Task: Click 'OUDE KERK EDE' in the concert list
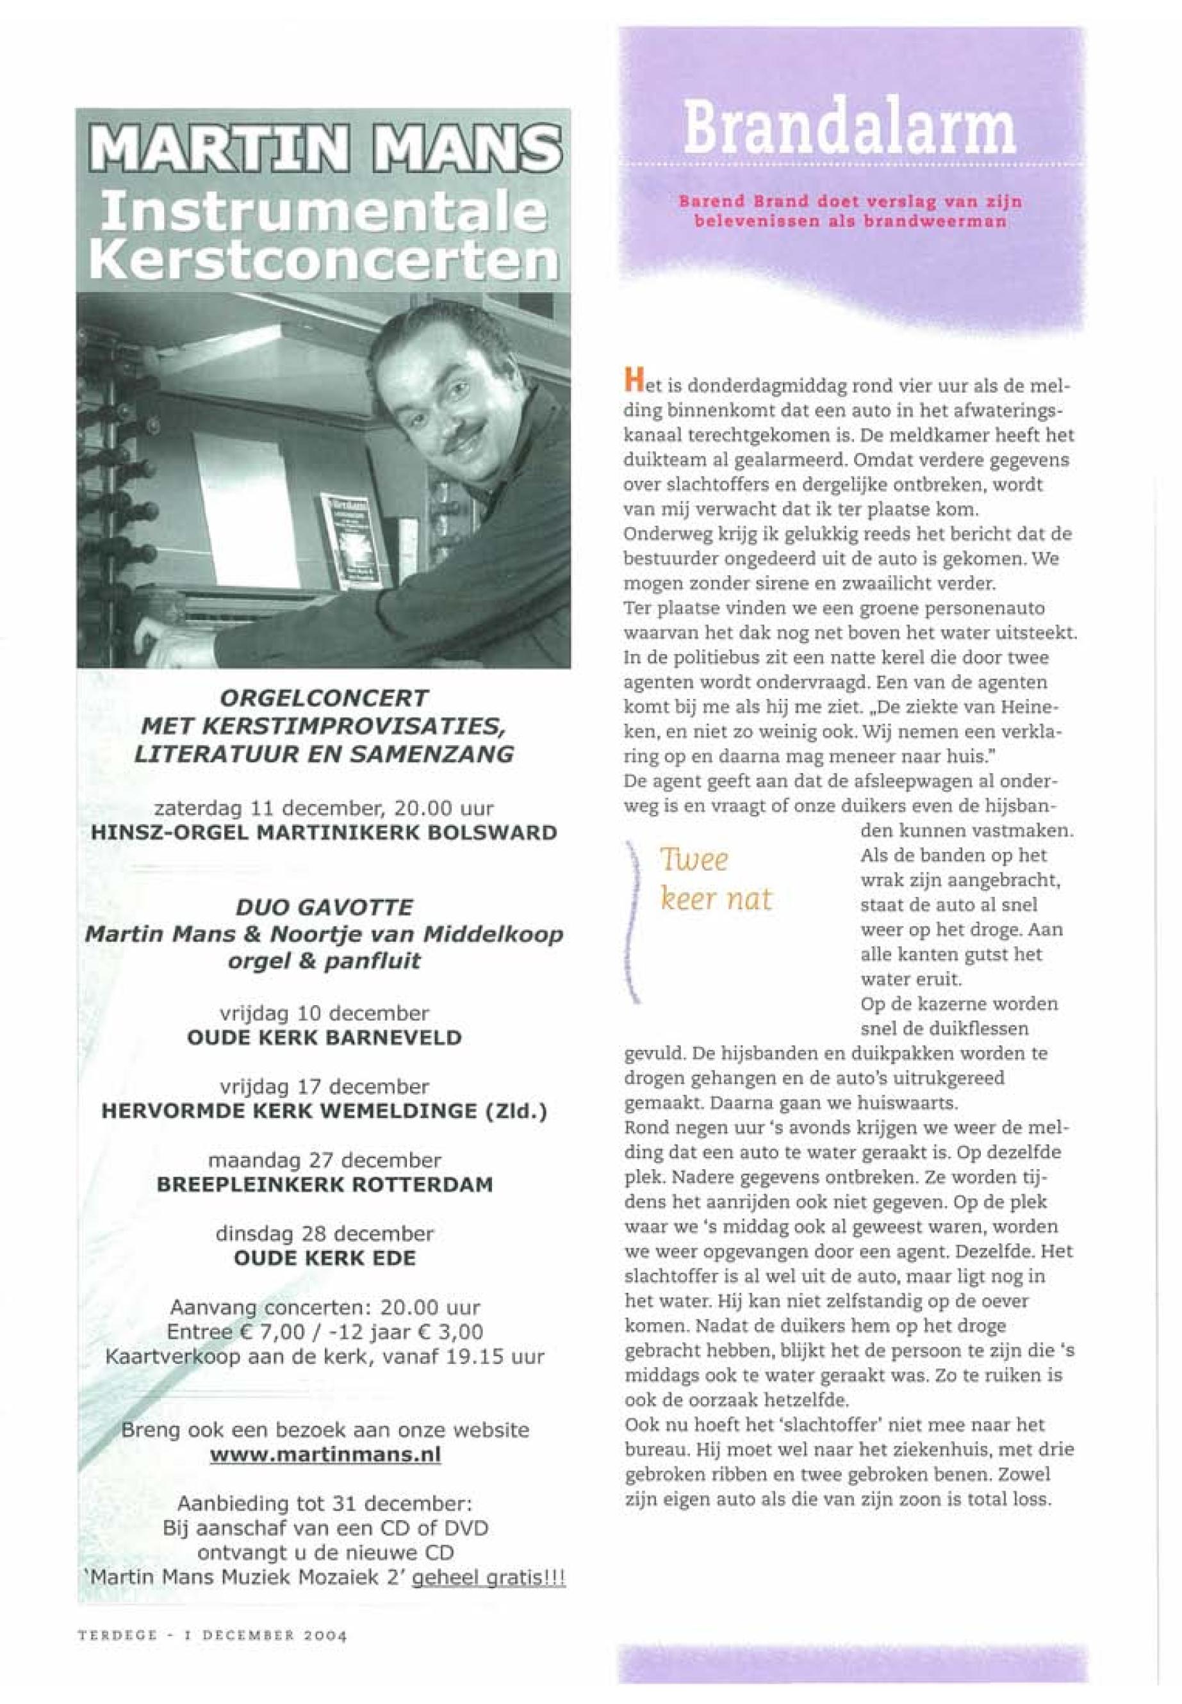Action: point(324,1258)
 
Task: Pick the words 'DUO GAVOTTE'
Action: point(324,907)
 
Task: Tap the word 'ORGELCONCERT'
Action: point(324,698)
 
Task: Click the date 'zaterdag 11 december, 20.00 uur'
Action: point(324,807)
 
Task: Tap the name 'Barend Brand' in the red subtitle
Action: point(726,201)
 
